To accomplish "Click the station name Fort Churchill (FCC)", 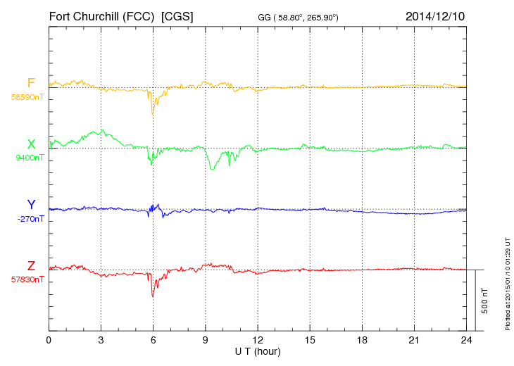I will click(x=102, y=15).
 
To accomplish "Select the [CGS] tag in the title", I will click(x=177, y=15).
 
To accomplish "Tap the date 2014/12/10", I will click(x=434, y=15).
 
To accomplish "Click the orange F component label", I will click(x=31, y=83).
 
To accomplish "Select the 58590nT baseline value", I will click(x=27, y=97).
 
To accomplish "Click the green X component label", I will click(x=31, y=144).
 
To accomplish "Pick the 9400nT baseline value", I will click(x=30, y=158).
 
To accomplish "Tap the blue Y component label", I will click(x=31, y=205).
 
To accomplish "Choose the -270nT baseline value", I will click(x=30, y=219).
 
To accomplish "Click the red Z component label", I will click(x=31, y=266).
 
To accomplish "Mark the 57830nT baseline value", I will click(x=27, y=279).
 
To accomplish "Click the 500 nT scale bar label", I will click(x=485, y=301).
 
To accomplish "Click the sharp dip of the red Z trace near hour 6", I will click(x=153, y=296).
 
